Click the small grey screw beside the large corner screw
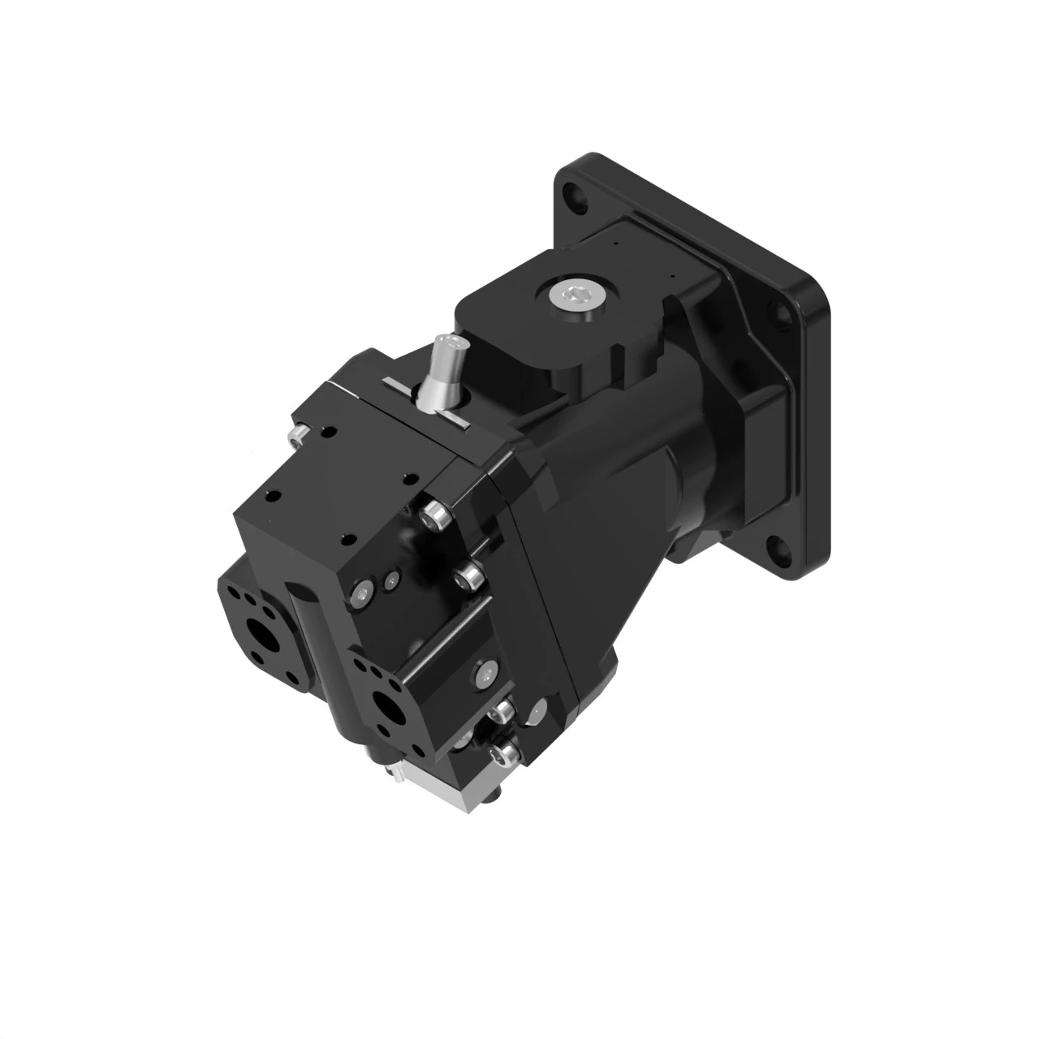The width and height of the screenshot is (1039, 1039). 393,579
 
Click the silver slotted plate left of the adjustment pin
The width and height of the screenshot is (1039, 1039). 399,386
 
